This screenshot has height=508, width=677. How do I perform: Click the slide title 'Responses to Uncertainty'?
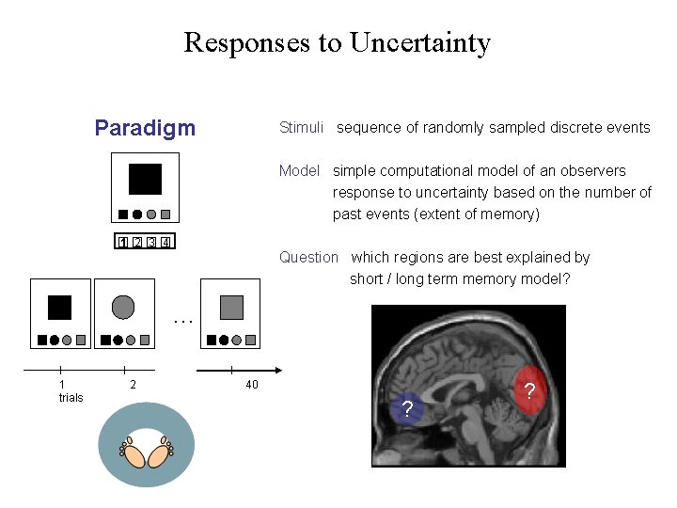pos(338,42)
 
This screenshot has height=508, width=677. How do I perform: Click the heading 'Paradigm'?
pos(145,128)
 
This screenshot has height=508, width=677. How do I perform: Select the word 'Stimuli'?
pos(301,127)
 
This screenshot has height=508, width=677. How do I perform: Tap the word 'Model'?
pos(299,170)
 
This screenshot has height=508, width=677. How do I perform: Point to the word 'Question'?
pos(308,257)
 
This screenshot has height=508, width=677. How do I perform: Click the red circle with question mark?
pos(529,389)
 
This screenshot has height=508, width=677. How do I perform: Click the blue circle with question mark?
pos(406,408)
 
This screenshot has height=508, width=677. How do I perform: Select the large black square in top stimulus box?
pos(145,179)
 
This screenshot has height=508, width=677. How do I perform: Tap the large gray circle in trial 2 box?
pos(123,307)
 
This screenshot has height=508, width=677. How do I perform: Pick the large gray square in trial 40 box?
pos(231,307)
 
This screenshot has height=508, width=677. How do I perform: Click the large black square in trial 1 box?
pos(59,307)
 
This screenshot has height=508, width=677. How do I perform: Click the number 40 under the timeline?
pos(251,385)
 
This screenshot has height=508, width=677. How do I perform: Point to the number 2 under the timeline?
pos(133,385)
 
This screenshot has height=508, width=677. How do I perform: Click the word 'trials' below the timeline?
pos(71,398)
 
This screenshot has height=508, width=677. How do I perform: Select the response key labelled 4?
pos(165,243)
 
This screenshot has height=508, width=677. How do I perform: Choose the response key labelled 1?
pos(122,243)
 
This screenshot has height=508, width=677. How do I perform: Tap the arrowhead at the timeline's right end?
pos(279,371)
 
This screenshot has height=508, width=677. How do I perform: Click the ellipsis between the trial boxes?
pos(183,321)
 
